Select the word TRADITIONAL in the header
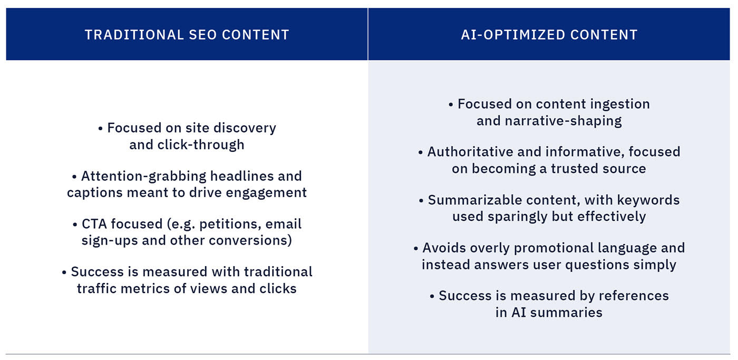click(x=134, y=35)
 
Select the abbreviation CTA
click(x=94, y=224)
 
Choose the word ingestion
click(x=620, y=104)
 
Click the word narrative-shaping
click(x=563, y=121)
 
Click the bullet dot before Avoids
click(x=416, y=249)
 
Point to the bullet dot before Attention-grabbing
click(x=74, y=177)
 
